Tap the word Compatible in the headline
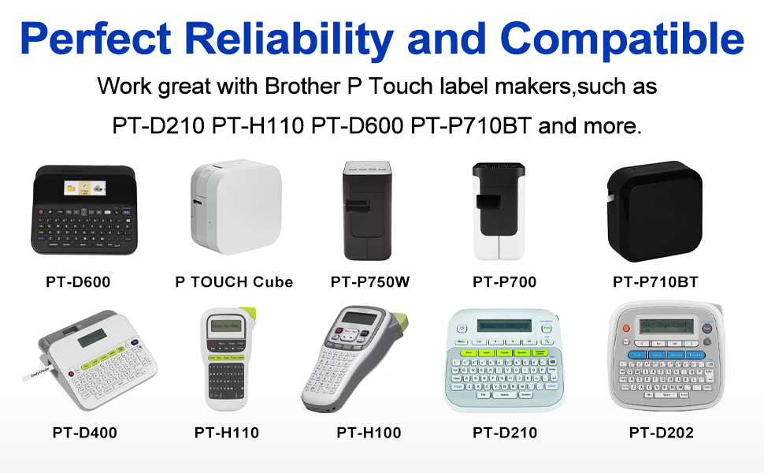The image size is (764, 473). [622, 38]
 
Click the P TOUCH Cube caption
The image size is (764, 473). [234, 281]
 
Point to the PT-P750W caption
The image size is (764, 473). [370, 281]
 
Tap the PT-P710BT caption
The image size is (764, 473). [655, 281]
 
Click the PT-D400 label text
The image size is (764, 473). [85, 432]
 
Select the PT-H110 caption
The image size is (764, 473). [227, 432]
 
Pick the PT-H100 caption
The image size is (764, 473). [369, 432]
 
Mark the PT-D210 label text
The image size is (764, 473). [505, 432]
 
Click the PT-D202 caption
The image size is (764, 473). [661, 432]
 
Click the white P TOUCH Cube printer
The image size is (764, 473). [233, 208]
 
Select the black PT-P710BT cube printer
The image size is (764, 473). [654, 208]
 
